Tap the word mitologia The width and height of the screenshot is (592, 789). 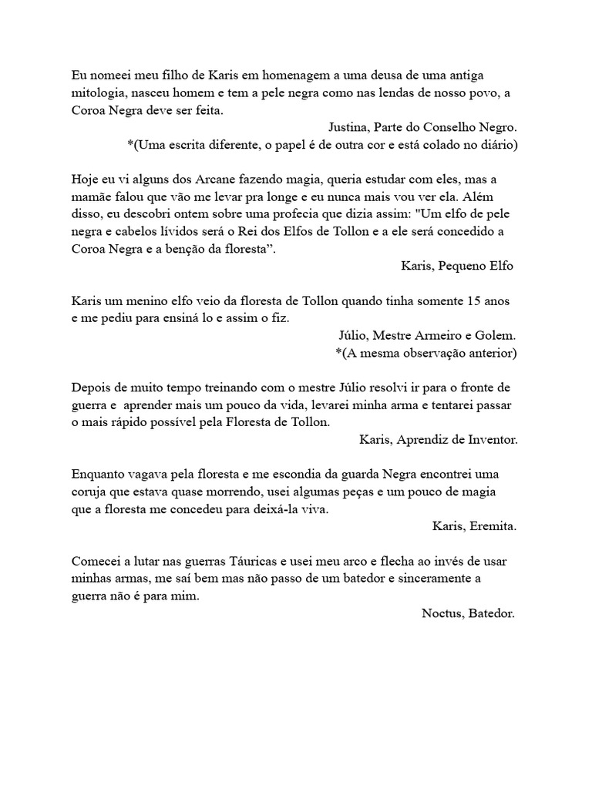tap(99, 92)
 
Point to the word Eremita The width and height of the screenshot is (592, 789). tap(490, 526)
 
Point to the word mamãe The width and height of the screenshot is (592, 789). tap(92, 196)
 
